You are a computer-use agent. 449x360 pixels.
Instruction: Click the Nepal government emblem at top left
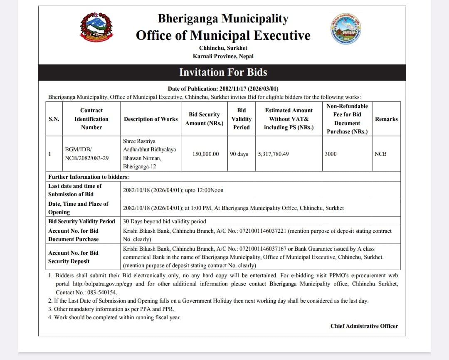(x=96, y=27)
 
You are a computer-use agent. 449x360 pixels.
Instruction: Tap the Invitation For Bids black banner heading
(x=223, y=72)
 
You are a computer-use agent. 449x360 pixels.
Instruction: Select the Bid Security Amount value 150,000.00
(x=205, y=154)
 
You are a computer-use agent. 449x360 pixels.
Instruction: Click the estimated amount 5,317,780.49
(x=273, y=154)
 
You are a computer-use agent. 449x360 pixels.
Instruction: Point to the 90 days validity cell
(x=239, y=154)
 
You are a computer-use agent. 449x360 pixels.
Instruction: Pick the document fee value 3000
(x=331, y=154)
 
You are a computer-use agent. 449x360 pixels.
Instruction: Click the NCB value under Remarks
(x=380, y=154)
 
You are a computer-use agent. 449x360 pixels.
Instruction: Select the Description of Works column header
(x=150, y=119)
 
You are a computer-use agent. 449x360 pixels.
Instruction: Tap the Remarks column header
(x=386, y=119)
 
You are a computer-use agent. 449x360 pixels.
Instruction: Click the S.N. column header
(x=54, y=119)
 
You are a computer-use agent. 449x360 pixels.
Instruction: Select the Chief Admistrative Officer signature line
(x=364, y=326)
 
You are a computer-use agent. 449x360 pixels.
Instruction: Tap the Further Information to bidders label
(x=89, y=177)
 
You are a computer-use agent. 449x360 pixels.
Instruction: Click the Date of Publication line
(x=223, y=89)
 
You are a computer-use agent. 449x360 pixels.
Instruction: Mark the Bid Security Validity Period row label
(x=81, y=221)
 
